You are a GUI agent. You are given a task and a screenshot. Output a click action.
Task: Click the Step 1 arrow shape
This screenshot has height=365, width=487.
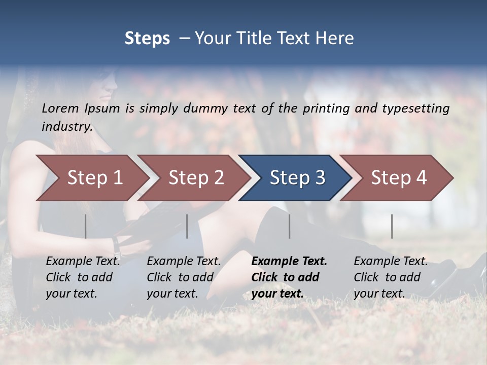91,178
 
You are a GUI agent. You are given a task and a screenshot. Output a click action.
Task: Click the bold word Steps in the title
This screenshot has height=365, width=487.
147,39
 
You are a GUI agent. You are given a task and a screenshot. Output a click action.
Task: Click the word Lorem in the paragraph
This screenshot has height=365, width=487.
60,108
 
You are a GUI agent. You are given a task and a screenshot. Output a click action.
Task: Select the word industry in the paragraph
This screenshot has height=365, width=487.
67,127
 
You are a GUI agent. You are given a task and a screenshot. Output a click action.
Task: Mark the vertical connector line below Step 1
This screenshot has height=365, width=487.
85,226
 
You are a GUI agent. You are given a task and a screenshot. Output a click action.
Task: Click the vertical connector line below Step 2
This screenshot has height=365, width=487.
187,226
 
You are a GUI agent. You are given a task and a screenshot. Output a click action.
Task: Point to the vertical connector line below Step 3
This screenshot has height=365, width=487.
289,226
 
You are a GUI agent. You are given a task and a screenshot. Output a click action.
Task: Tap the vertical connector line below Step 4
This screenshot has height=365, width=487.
392,226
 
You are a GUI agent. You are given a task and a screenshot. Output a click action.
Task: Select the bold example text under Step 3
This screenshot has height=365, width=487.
289,277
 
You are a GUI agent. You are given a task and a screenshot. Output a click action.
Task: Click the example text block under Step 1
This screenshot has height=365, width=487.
83,277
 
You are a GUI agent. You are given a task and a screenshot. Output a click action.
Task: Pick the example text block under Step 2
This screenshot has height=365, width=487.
184,277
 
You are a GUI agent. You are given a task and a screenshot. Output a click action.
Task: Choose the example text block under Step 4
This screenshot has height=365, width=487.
391,277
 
